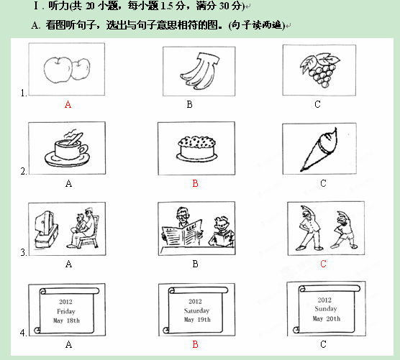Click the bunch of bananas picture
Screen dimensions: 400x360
click(200, 71)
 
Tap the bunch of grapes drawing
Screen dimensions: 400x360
click(319, 70)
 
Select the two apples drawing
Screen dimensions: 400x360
click(67, 70)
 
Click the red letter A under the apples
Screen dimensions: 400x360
click(68, 104)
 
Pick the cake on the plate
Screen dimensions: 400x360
click(196, 149)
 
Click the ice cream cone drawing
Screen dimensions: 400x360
click(319, 149)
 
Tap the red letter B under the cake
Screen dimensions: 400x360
click(195, 183)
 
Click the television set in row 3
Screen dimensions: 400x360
click(46, 229)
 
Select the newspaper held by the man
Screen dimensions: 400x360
click(182, 232)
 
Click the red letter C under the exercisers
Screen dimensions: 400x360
click(323, 264)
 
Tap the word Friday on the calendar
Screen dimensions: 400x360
click(66, 311)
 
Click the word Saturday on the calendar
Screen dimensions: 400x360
click(196, 310)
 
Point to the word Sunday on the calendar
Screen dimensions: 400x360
click(326, 309)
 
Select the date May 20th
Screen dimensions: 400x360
click(327, 318)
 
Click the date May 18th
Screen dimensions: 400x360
click(66, 320)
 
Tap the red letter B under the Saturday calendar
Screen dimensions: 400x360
click(195, 344)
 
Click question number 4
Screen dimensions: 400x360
click(23, 333)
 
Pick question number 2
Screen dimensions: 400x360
click(24, 171)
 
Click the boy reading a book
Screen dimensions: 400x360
click(222, 231)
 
